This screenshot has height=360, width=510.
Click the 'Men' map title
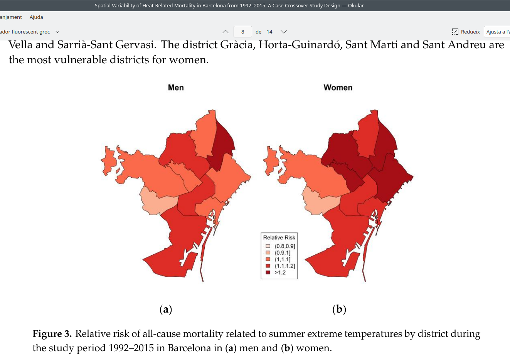coord(176,87)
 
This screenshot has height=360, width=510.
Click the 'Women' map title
coord(338,87)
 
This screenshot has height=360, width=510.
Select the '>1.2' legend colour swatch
coord(268,273)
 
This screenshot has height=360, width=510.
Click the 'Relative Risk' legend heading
coord(279,237)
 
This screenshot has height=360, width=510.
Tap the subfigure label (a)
coord(166,309)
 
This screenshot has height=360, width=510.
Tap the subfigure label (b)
coord(339,309)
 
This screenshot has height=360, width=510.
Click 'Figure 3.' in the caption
coord(52,334)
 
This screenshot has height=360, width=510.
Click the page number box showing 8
coord(242,32)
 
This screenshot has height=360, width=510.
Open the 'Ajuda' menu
coord(36,17)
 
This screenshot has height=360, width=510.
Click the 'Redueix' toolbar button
coord(466,32)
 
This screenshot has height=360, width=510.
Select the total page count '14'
coord(269,32)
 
